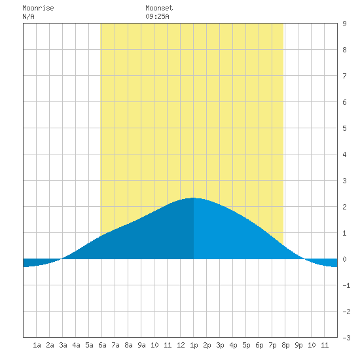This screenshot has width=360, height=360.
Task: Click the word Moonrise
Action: [38, 8]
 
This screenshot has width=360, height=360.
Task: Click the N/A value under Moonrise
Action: [28, 16]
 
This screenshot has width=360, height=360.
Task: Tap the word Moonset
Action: [159, 8]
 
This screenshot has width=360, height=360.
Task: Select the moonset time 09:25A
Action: [157, 16]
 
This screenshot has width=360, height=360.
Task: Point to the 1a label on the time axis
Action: [37, 345]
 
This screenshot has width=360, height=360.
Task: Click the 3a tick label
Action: [63, 345]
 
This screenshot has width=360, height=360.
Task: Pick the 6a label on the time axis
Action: [102, 345]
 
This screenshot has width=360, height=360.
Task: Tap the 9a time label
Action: [141, 345]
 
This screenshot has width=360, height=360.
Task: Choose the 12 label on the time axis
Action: [181, 345]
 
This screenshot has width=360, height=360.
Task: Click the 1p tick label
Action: [194, 345]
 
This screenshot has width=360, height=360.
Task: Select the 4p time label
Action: [233, 345]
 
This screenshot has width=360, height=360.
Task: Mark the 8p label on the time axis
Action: [285, 345]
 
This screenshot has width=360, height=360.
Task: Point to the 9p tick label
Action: [298, 345]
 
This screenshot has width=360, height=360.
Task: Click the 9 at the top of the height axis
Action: [344, 24]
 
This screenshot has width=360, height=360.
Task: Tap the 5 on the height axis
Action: [344, 128]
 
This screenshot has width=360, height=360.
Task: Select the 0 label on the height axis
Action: [344, 259]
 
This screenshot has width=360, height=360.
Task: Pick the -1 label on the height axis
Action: [346, 285]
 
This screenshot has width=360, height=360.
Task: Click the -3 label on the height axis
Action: [346, 338]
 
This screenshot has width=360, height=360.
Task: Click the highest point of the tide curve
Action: [193, 198]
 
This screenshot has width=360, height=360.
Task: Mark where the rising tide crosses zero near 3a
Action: [62, 259]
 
